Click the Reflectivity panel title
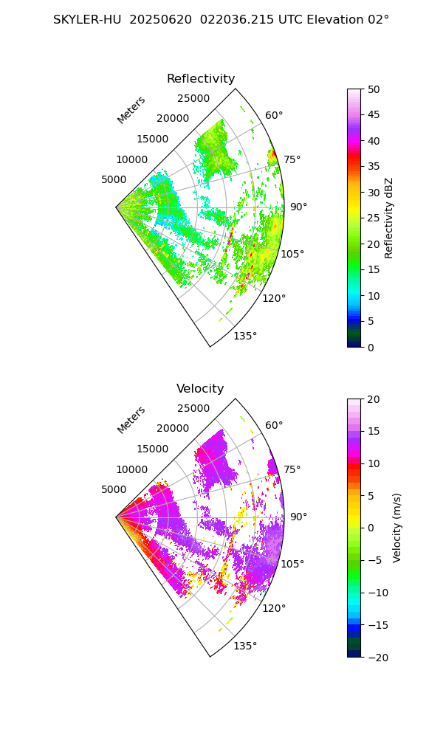coord(201,79)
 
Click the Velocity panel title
coord(200,389)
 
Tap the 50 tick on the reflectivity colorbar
coord(374,89)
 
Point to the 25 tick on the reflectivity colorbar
coord(374,218)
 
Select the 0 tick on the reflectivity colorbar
coord(372,347)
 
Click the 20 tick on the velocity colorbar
coord(374,399)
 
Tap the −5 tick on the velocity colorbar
coord(375,560)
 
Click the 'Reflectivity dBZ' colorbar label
coord(389,218)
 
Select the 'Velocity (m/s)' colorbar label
coord(397,528)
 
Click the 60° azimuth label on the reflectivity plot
coord(274,115)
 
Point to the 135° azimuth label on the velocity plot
coord(245,646)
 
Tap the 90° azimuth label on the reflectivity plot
coord(298,207)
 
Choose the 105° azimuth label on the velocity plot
coord(293,564)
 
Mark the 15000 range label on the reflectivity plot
coord(152,139)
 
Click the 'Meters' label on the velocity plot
coord(131,420)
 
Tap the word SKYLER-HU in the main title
coord(87,20)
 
